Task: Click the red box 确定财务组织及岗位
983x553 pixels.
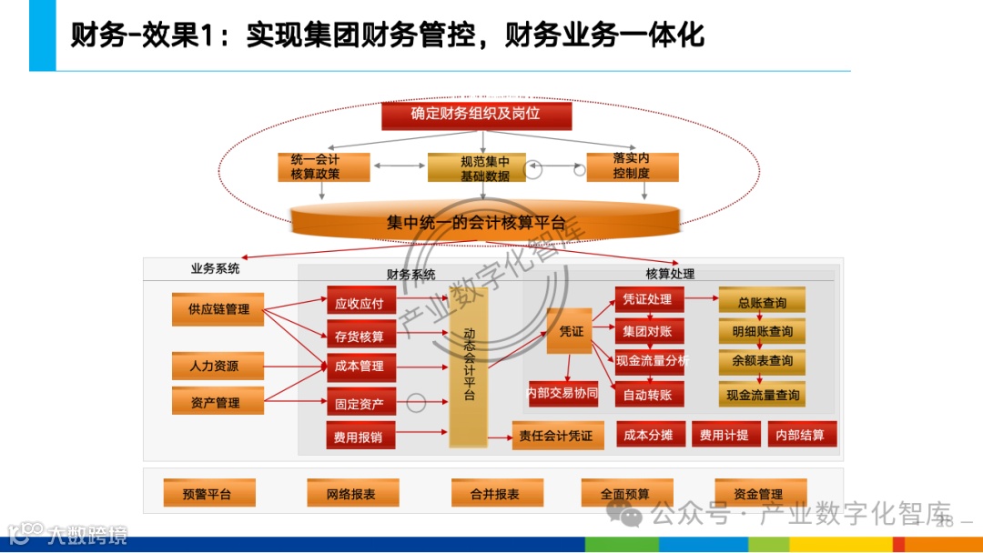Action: [476, 115]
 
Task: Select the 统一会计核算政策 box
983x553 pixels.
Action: [315, 167]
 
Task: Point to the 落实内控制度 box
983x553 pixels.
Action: [631, 166]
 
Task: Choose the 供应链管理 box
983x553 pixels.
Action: [218, 309]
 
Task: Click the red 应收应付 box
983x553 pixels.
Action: [359, 304]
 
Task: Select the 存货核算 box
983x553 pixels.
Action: [359, 337]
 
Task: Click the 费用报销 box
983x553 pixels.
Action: [359, 437]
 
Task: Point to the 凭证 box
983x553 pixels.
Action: [571, 332]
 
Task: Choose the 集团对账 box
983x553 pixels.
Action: [648, 331]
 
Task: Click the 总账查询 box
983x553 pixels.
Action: [762, 302]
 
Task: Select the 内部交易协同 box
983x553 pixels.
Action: [562, 393]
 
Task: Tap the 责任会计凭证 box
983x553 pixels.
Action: [555, 436]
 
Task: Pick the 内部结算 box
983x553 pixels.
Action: [801, 435]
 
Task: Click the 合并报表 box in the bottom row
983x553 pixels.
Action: [497, 494]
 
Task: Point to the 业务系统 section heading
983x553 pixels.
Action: [215, 269]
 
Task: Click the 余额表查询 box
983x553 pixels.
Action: [762, 360]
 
